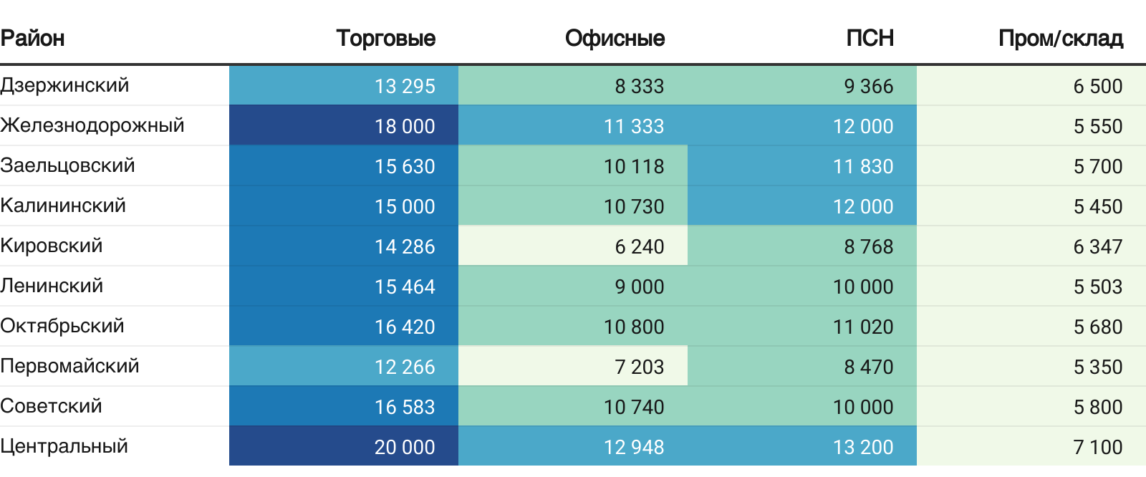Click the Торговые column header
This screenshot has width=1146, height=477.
[x=385, y=38]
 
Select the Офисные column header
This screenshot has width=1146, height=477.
[x=615, y=38]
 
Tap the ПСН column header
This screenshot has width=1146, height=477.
[x=870, y=38]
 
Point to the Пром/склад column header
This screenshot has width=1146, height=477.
[x=1060, y=38]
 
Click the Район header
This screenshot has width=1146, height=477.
[x=32, y=38]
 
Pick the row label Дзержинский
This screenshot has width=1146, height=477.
[x=64, y=85]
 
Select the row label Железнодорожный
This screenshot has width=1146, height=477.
[x=92, y=125]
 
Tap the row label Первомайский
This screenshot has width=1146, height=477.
[x=69, y=366]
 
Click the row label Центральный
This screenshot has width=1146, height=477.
[x=64, y=446]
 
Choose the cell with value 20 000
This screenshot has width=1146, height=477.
[x=404, y=447]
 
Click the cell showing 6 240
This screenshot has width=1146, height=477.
[x=639, y=246]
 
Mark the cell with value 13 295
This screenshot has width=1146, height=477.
[x=404, y=86]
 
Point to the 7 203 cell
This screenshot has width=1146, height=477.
[x=639, y=367]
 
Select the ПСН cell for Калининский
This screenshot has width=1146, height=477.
[x=862, y=206]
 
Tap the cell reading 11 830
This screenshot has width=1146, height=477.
[x=862, y=166]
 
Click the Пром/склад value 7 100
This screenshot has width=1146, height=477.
[x=1097, y=447]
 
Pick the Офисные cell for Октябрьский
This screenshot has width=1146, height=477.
[x=633, y=327]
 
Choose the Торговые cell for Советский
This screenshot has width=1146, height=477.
[x=404, y=407]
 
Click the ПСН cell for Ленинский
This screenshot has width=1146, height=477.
[x=862, y=286]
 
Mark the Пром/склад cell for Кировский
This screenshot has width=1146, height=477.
[x=1097, y=246]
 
